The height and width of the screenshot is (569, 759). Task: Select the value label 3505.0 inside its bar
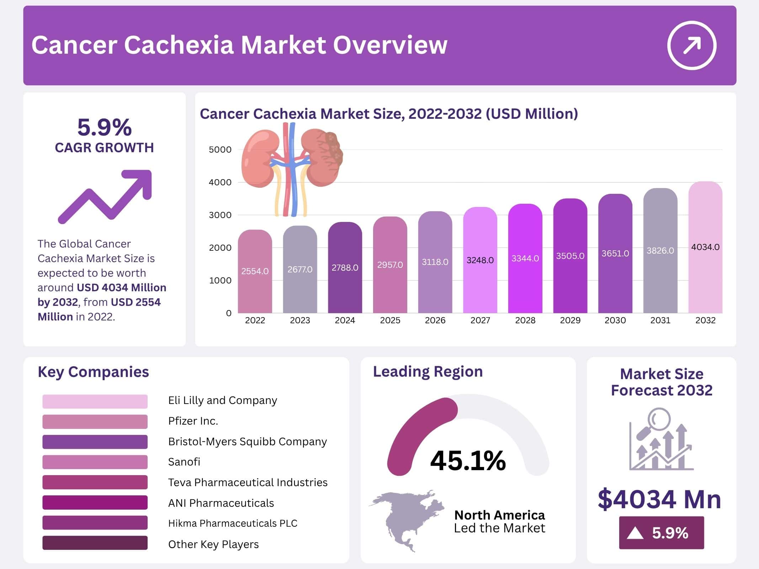[570, 256]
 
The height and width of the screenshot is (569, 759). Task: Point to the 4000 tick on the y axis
[220, 182]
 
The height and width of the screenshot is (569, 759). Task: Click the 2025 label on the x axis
[390, 320]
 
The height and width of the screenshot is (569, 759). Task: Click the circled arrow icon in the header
[691, 46]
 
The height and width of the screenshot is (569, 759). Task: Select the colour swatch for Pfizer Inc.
[95, 422]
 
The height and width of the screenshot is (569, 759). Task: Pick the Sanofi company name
[184, 462]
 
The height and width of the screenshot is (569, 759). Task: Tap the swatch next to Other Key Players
[95, 543]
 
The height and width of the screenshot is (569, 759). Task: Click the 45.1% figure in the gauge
[468, 461]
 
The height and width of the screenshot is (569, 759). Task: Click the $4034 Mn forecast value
[659, 499]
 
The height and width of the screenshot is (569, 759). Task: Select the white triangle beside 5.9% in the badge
[635, 533]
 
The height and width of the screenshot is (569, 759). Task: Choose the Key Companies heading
[93, 372]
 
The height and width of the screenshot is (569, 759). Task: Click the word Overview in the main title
[390, 45]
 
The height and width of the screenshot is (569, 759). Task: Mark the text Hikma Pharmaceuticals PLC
[233, 523]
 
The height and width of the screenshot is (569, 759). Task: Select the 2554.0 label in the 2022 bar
[255, 271]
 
